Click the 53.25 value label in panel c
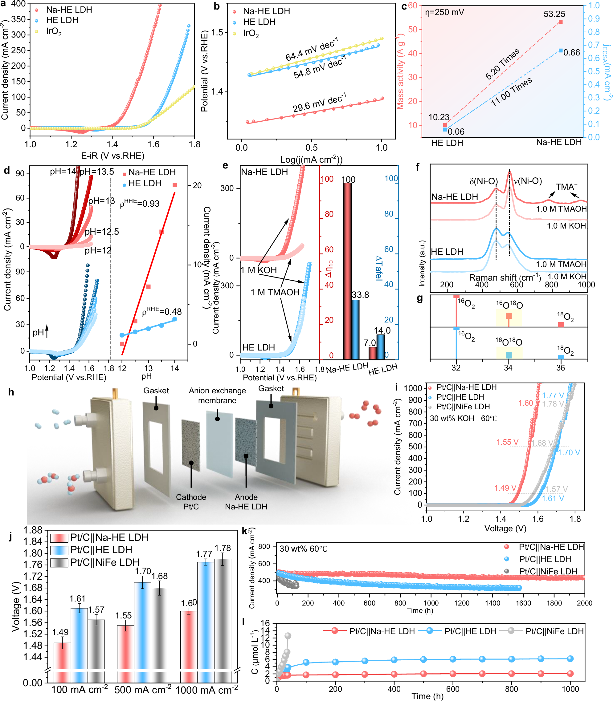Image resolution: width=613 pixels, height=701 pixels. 554,14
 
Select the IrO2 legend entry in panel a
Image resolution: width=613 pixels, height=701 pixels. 53,32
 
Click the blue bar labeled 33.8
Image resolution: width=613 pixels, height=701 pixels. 355,330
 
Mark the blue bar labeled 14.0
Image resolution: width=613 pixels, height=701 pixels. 380,347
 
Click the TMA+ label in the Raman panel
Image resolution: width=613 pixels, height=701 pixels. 566,187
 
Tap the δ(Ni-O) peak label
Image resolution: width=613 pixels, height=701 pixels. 483,181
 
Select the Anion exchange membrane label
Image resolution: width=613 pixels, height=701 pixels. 217,395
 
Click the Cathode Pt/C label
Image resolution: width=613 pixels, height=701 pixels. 191,502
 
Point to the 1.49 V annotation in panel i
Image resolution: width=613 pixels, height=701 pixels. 505,488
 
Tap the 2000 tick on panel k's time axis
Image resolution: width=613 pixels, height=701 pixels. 585,603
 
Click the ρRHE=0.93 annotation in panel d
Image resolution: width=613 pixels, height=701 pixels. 140,203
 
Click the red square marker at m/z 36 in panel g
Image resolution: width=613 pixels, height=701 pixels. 561,325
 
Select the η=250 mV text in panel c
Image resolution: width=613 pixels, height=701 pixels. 445,13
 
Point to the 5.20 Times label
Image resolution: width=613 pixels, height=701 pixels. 502,64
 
